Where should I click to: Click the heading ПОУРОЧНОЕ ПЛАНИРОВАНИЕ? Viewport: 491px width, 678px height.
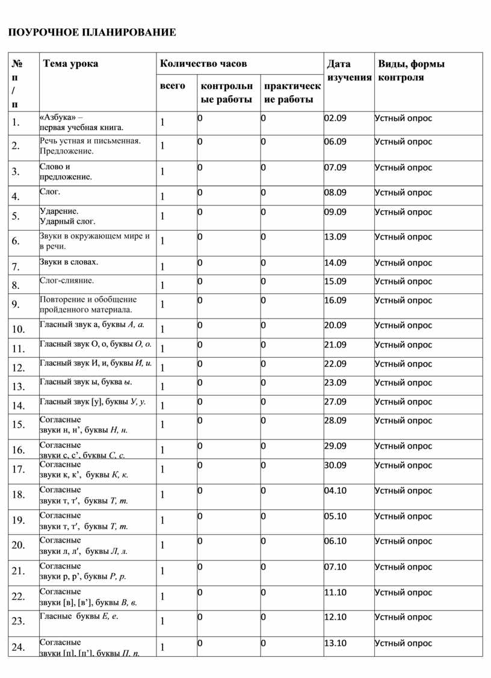coord(92,32)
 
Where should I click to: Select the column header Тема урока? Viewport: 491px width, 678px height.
coord(70,64)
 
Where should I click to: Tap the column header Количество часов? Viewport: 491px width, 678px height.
coord(203,64)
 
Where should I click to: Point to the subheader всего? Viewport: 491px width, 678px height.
coord(172,86)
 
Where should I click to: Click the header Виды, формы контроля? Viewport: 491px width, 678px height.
coord(411,70)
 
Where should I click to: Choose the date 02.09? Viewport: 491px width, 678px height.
coord(335,118)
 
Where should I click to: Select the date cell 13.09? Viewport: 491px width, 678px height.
coord(335,237)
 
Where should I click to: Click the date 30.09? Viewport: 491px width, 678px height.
coord(335,465)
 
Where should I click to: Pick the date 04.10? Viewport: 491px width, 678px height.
coord(335,490)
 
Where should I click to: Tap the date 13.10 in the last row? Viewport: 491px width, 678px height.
coord(335,642)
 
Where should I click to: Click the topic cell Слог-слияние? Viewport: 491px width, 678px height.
coord(67,281)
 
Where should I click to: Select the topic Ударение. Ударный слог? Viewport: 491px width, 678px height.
coord(67,216)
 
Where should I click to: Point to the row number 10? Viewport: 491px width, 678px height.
coord(19,329)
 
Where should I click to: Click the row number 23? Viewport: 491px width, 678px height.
coord(19,621)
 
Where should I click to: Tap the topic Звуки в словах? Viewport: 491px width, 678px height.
coord(69,262)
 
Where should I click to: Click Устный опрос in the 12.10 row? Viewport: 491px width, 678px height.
coord(403,617)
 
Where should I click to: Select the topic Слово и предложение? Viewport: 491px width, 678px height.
coord(66,172)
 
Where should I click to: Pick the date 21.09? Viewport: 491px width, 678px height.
coord(335,344)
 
